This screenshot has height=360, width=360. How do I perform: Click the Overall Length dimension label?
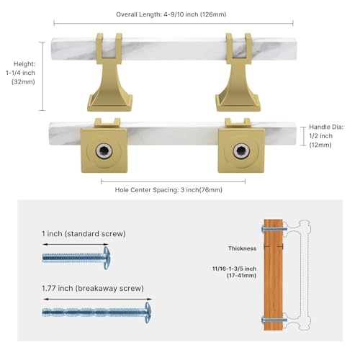click(171, 14)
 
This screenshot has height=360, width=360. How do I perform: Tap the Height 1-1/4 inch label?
click(21, 73)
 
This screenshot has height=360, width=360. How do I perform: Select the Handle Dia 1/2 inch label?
click(326, 136)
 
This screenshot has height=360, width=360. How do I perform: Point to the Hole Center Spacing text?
click(168, 190)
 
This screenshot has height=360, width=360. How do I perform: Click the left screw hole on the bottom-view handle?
click(104, 151)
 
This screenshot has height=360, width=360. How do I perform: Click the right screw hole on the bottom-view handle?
click(241, 151)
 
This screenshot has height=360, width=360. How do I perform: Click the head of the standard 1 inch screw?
click(107, 258)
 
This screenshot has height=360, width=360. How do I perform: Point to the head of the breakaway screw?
click(148, 312)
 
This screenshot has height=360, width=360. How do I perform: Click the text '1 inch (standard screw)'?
click(84, 233)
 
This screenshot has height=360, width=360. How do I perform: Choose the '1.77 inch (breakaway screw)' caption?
click(93, 288)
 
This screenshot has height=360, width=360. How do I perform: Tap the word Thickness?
click(242, 248)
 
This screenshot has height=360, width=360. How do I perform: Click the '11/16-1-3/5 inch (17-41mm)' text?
click(234, 272)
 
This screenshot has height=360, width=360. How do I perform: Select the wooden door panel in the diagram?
click(274, 274)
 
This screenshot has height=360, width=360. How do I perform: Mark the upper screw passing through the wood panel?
click(274, 229)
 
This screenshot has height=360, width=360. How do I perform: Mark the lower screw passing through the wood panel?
click(274, 320)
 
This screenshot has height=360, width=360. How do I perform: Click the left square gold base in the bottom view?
click(104, 150)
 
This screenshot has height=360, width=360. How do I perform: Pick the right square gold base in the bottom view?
click(241, 150)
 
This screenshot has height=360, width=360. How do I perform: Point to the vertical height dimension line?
click(42, 76)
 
